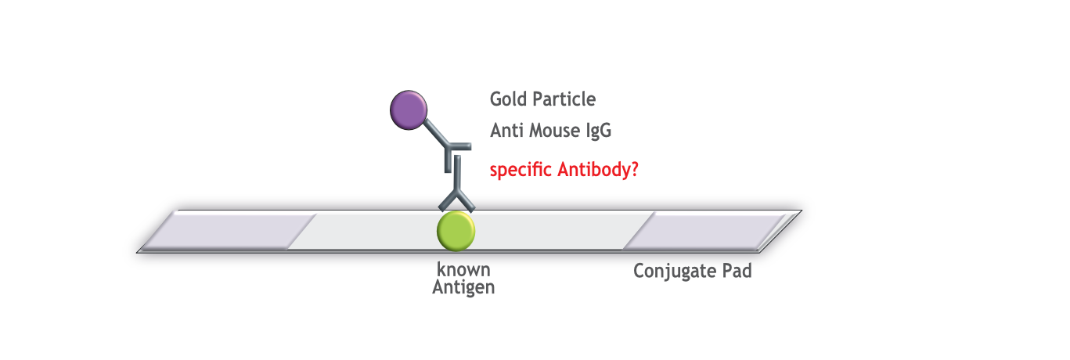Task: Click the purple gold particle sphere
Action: point(409,110)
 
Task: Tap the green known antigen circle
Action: point(456,231)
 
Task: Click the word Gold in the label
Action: point(508,99)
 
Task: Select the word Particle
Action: point(564,99)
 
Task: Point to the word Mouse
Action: point(555,131)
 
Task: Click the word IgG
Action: point(599,131)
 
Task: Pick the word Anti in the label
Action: point(506,131)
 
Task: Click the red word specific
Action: point(521,171)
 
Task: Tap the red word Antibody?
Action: point(598,170)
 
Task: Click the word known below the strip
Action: point(463,269)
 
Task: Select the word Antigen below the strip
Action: point(463,288)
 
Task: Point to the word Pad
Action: point(737,271)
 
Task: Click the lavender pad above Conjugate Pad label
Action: point(705,232)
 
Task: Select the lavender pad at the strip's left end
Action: point(229,232)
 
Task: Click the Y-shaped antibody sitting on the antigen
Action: point(457,184)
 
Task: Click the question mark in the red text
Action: point(635,169)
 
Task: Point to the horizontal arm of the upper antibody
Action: point(458,146)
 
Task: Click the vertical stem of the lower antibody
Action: point(457,173)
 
